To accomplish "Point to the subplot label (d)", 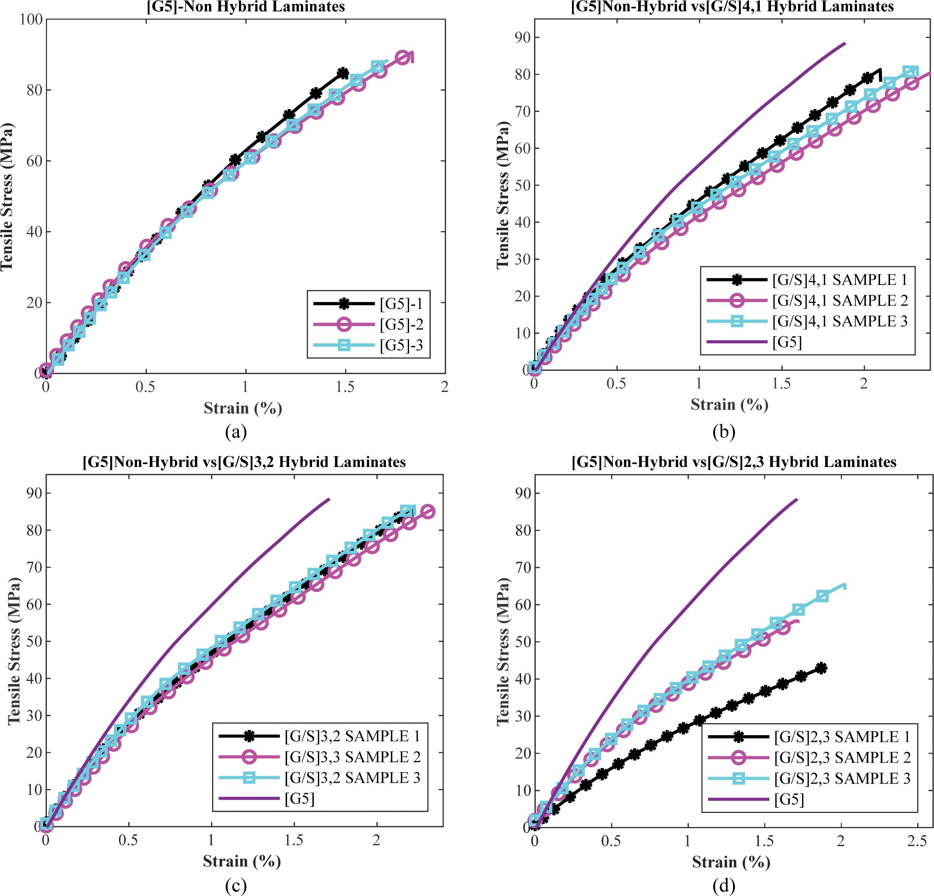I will (724, 886).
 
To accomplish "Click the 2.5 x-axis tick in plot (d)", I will (917, 842).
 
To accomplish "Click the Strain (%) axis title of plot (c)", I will (242, 861).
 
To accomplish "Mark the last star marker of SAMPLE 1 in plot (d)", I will (821, 669).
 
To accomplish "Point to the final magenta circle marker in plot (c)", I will (428, 512).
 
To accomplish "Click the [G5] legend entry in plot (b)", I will (787, 342).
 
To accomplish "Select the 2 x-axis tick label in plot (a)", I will (445, 387).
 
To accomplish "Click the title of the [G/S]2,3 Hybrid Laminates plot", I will (734, 462).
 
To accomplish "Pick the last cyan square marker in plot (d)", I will (823, 596).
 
